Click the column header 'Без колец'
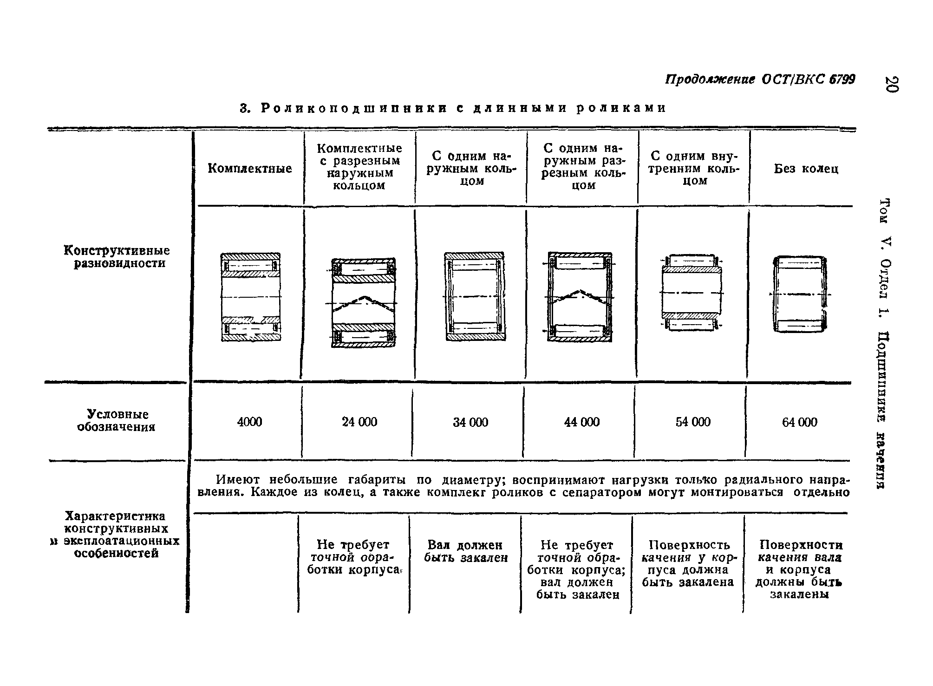(x=806, y=169)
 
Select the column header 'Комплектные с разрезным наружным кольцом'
(x=359, y=167)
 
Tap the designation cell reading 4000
(x=249, y=422)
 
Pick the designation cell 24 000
(x=359, y=422)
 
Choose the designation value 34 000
(x=470, y=422)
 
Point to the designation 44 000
(x=581, y=422)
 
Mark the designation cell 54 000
(x=692, y=422)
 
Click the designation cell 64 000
(x=800, y=422)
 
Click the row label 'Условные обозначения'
(x=116, y=421)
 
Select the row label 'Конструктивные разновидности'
(x=117, y=257)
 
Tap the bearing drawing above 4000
(x=251, y=297)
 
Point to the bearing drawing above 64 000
(x=800, y=294)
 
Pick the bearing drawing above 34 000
(x=474, y=296)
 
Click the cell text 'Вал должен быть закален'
(x=466, y=551)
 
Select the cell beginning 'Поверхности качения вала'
(x=800, y=569)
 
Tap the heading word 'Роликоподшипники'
(x=350, y=108)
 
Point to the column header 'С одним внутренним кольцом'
(x=694, y=168)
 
